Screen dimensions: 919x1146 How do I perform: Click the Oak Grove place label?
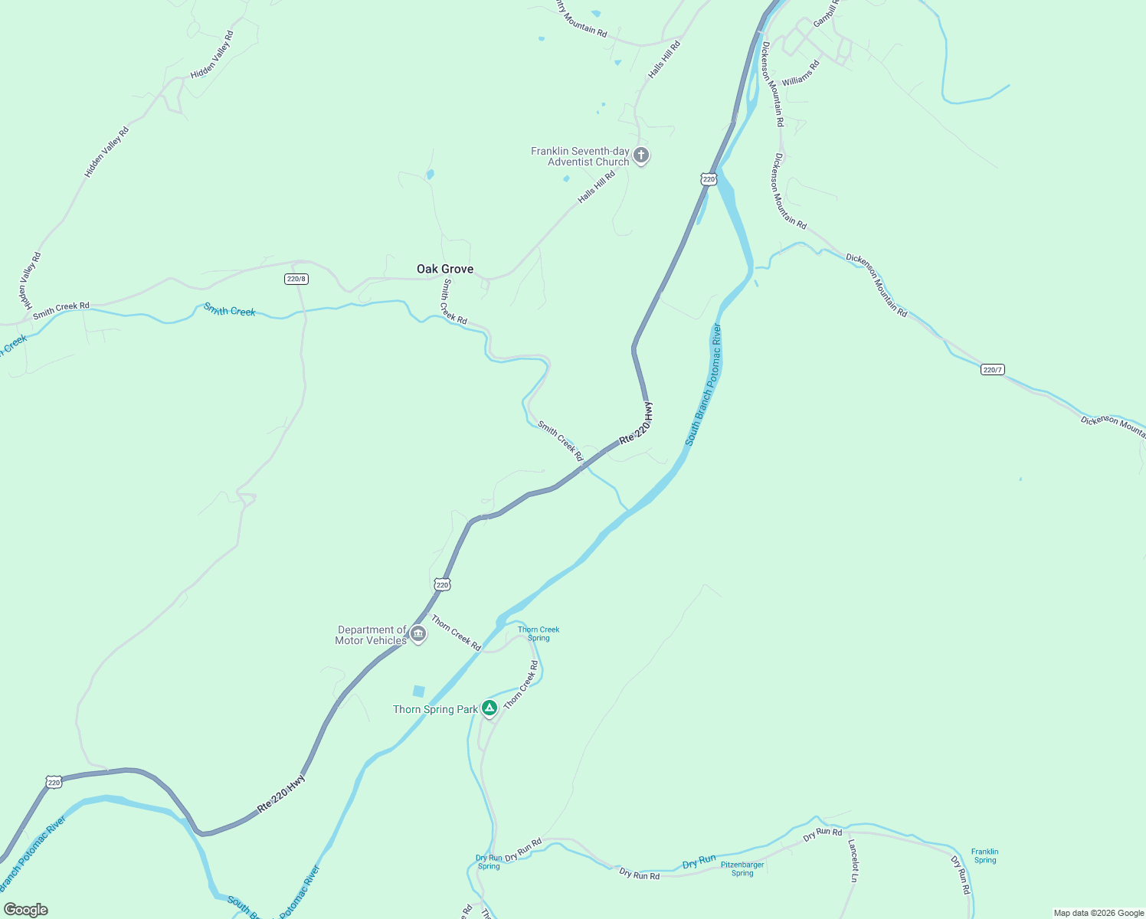[444, 269]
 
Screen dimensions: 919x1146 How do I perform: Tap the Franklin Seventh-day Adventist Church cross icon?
[642, 156]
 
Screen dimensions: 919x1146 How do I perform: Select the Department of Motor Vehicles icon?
[418, 634]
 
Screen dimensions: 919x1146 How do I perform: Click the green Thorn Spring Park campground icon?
[490, 708]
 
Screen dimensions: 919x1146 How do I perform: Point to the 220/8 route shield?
[296, 279]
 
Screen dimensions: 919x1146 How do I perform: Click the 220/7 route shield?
[992, 370]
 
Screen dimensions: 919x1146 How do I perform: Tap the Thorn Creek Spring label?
[539, 634]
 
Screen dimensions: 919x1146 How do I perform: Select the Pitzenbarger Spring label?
[742, 868]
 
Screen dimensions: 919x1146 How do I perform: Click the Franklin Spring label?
[984, 855]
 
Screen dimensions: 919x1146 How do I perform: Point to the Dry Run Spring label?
[489, 862]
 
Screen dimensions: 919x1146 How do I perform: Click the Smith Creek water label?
[229, 309]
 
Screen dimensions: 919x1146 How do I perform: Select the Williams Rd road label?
[801, 73]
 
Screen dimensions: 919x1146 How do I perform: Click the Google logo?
[26, 910]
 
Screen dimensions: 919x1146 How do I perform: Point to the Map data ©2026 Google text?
[1099, 913]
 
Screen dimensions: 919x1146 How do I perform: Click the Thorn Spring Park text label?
[435, 709]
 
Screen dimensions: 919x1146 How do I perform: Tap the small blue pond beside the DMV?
[418, 691]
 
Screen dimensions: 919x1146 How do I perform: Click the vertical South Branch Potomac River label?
[703, 384]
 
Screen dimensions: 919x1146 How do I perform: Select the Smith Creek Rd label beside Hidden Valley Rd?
[61, 309]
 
